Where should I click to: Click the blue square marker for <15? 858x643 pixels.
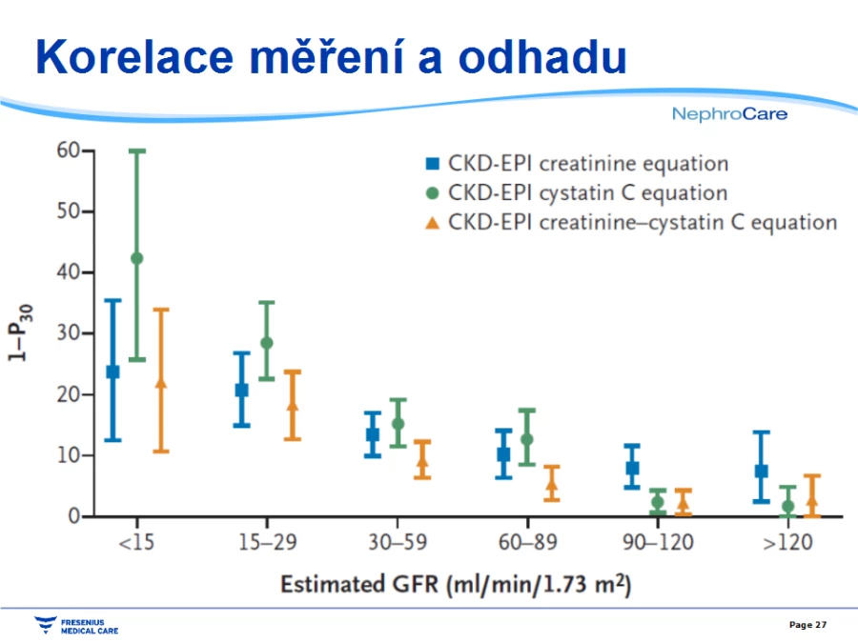(112, 372)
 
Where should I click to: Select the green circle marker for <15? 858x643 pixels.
(136, 258)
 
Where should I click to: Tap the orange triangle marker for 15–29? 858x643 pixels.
(293, 405)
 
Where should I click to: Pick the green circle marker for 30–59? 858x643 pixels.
(398, 424)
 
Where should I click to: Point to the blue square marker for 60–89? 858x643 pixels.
(503, 453)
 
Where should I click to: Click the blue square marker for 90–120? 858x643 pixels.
(632, 468)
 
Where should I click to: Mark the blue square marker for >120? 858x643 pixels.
(761, 471)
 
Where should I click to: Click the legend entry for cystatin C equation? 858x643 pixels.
(577, 193)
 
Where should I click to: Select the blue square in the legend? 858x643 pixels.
(432, 163)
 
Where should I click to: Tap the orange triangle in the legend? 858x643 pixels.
(432, 223)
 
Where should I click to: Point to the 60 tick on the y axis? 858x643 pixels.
(88, 150)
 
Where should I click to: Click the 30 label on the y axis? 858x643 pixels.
(68, 332)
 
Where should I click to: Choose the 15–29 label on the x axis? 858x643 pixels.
(267, 542)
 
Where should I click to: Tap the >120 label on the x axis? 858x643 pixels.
(787, 542)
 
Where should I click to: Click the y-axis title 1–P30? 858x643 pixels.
(19, 332)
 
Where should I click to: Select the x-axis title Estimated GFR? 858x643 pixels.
(456, 584)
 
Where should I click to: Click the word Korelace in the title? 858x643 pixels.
(134, 57)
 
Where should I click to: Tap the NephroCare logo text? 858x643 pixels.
(729, 113)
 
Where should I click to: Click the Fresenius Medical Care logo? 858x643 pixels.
(76, 626)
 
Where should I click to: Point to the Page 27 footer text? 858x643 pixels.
(807, 624)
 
